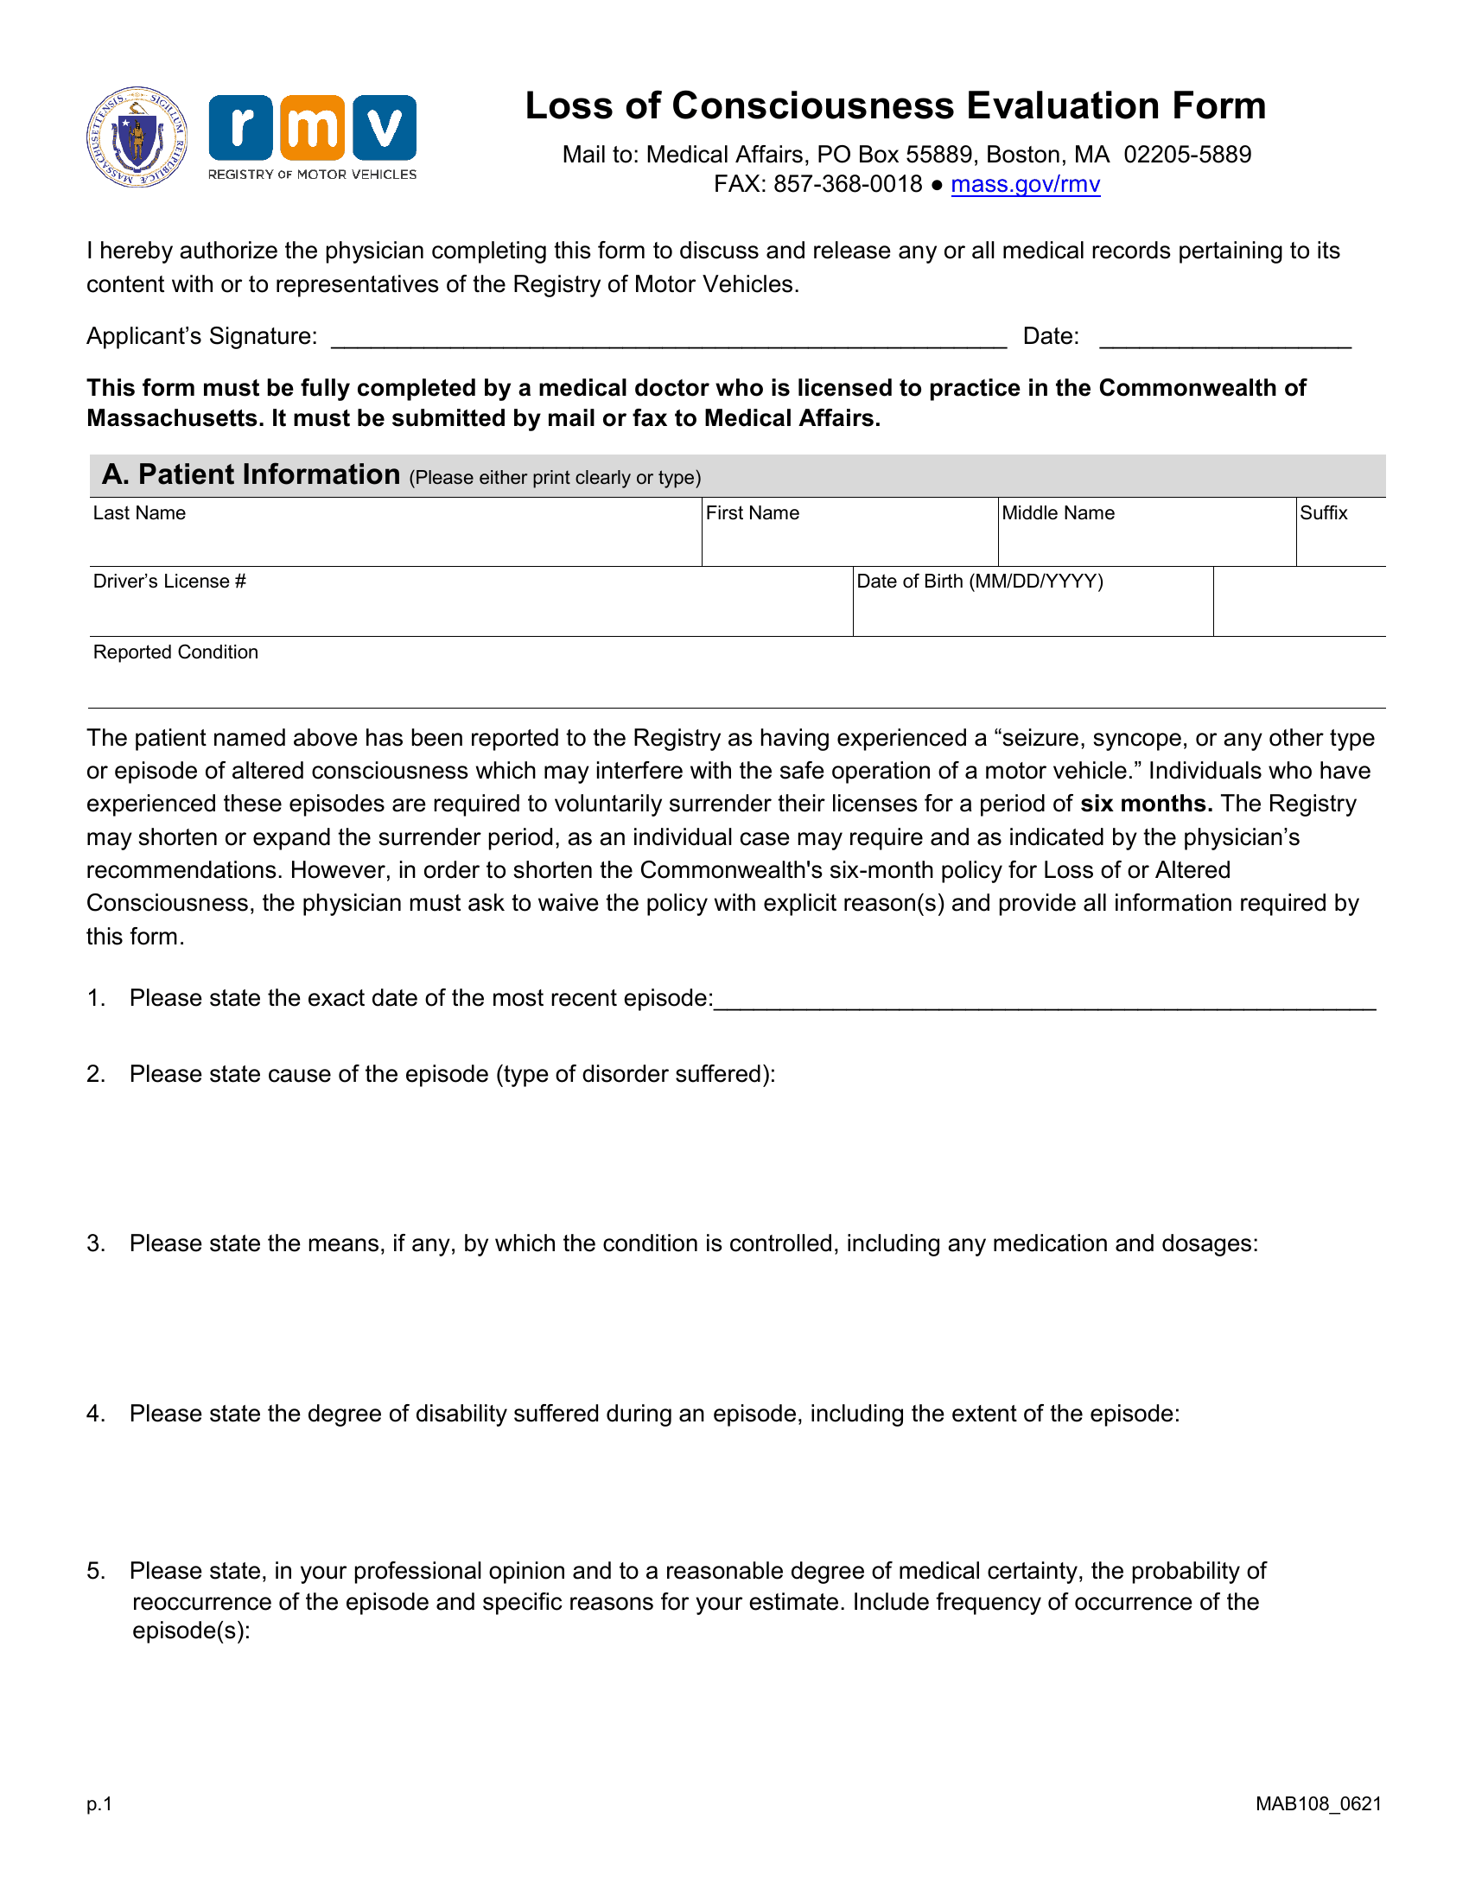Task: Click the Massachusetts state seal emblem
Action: pos(137,137)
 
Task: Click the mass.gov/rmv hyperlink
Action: pos(1025,185)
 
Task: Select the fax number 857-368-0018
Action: pos(848,185)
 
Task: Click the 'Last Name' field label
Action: pos(139,513)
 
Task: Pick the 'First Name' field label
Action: pos(752,513)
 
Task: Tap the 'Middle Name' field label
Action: pos(1058,513)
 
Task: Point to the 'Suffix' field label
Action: pos(1323,513)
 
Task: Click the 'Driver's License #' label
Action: pos(169,582)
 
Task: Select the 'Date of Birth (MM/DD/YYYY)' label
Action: pos(980,582)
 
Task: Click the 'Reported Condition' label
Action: pos(175,652)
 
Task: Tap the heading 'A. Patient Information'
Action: pos(251,475)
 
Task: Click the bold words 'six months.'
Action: pos(1146,804)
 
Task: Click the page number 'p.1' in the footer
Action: pos(99,1804)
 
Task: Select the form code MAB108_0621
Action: pos(1319,1804)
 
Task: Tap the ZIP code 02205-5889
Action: pos(1187,155)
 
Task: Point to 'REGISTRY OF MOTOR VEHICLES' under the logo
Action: pos(313,175)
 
